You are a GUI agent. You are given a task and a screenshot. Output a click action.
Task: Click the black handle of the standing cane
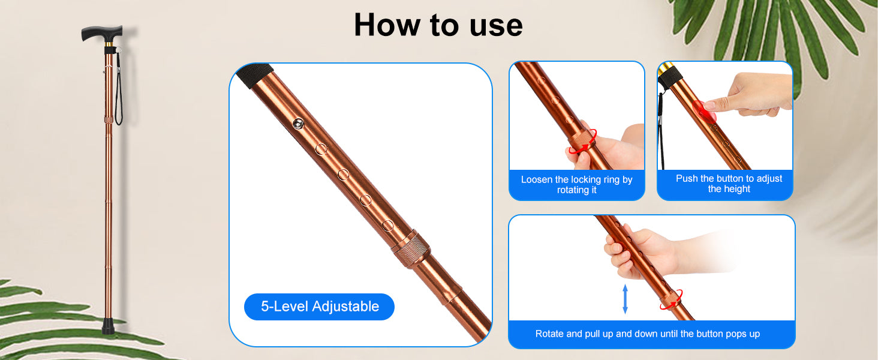pyautogui.click(x=102, y=34)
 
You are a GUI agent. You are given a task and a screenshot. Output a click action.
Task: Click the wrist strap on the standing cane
pyautogui.click(x=118, y=88)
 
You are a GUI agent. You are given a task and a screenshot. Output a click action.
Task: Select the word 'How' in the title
pyautogui.click(x=386, y=25)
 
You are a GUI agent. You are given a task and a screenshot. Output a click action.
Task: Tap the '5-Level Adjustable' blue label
pyautogui.click(x=320, y=307)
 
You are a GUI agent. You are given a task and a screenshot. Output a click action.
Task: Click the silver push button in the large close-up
pyautogui.click(x=299, y=124)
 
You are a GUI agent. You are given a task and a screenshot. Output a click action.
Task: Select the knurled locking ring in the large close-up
pyautogui.click(x=411, y=249)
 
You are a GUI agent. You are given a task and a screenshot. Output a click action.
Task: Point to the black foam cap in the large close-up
pyautogui.click(x=255, y=75)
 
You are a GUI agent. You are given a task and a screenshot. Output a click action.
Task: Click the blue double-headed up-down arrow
pyautogui.click(x=625, y=299)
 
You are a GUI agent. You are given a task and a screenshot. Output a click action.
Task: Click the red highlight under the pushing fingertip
pyautogui.click(x=704, y=111)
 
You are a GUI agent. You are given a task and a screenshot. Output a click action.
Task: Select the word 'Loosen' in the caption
pyautogui.click(x=537, y=179)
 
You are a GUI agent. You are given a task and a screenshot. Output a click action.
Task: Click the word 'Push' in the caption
pyautogui.click(x=687, y=178)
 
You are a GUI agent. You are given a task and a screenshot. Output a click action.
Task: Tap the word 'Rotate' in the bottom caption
pyautogui.click(x=549, y=334)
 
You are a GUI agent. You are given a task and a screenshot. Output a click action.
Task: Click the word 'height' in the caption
pyautogui.click(x=735, y=189)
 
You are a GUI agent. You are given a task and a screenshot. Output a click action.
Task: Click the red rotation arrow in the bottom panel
pyautogui.click(x=672, y=299)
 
